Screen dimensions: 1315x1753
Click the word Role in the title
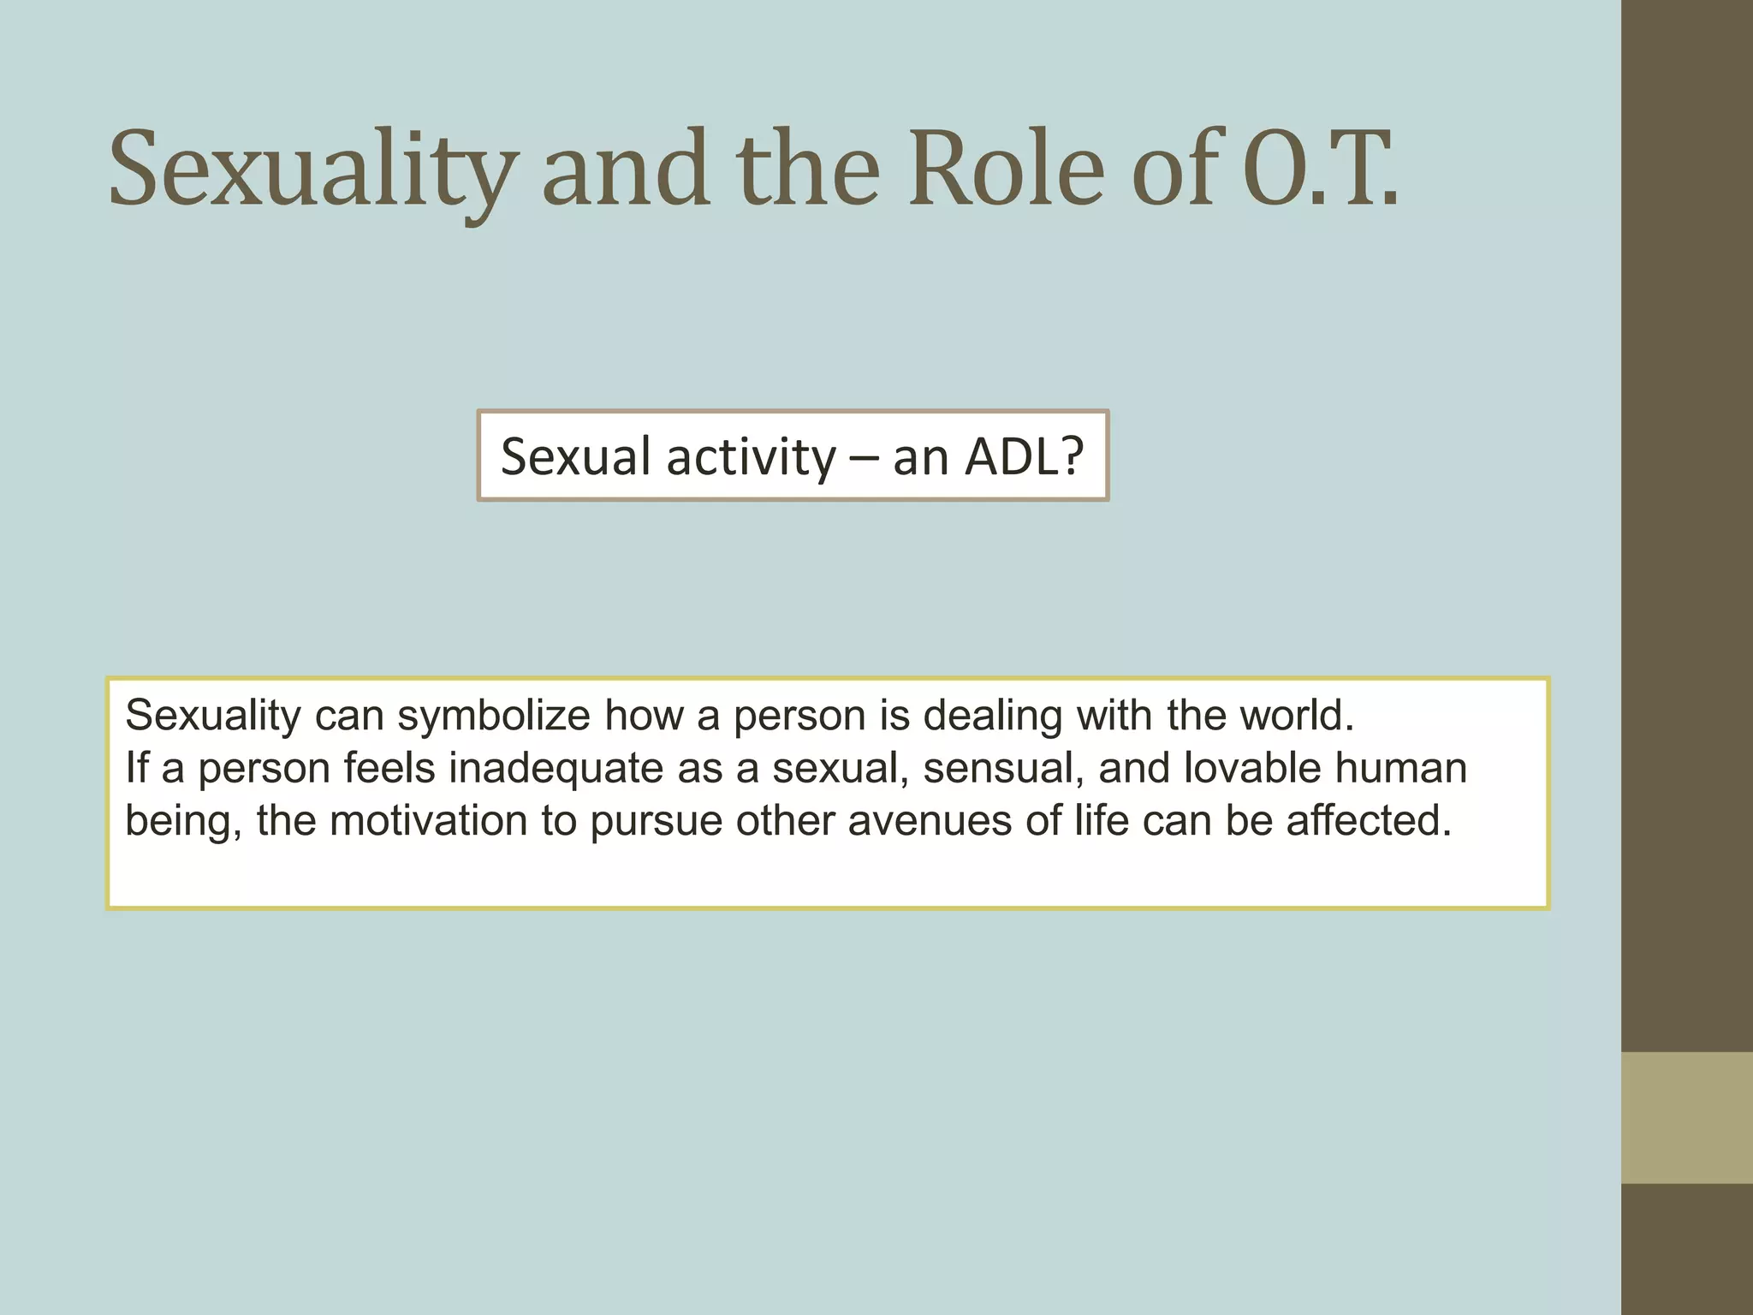click(x=1006, y=169)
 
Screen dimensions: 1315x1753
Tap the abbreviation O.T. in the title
click(x=1319, y=169)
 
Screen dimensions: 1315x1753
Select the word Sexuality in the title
click(x=313, y=169)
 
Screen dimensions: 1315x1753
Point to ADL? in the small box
click(x=1024, y=456)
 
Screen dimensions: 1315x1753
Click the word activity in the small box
click(x=751, y=456)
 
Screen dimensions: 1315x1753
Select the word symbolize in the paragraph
click(x=493, y=715)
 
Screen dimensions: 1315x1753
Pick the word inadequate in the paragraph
click(x=556, y=768)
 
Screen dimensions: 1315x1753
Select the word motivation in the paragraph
click(x=428, y=820)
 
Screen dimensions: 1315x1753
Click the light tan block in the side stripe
click(x=1686, y=1117)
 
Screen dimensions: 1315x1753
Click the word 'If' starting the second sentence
click(x=136, y=768)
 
